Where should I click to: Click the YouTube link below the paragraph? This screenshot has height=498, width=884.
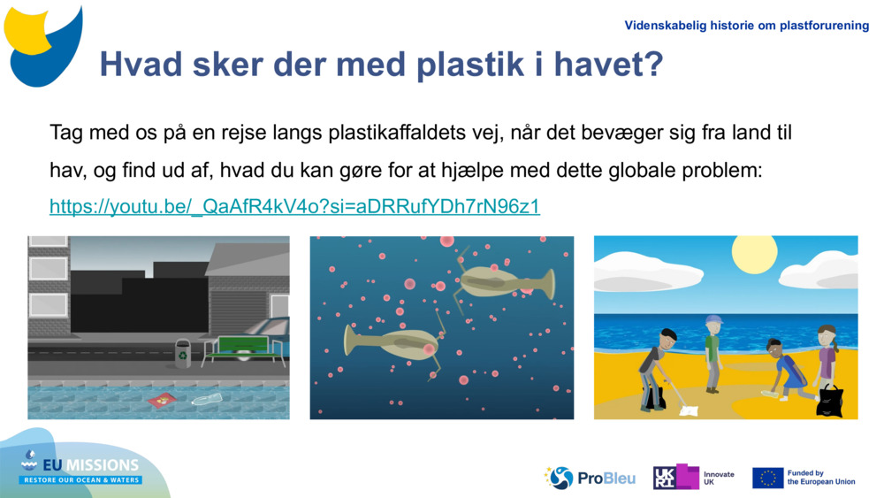294,207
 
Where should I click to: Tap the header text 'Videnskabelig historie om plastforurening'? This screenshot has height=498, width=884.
746,26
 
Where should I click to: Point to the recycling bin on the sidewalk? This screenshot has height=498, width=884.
183,352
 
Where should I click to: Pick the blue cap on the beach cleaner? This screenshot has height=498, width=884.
713,319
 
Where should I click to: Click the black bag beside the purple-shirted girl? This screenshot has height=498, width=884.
830,400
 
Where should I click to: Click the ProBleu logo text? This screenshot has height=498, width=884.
606,479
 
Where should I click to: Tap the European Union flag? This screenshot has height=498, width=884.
767,478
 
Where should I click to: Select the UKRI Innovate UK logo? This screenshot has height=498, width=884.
693,478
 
